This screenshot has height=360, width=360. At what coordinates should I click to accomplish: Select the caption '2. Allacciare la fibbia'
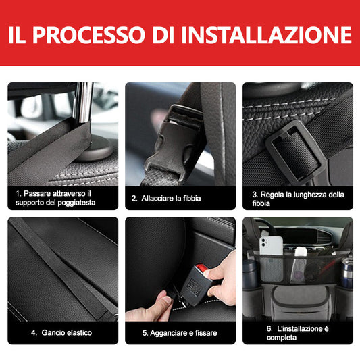(166, 198)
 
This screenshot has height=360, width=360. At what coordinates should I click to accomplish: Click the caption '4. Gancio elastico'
(61, 333)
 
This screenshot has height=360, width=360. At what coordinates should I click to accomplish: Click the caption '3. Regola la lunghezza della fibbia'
(298, 199)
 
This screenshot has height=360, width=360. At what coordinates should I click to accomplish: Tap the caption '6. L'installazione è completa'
(297, 332)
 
